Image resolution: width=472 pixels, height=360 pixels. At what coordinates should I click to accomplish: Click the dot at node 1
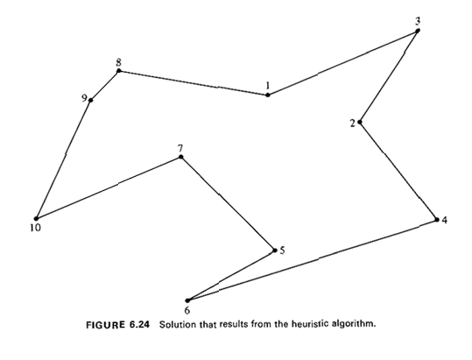tap(268, 95)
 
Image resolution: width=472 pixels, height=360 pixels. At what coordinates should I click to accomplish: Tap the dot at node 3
tap(418, 31)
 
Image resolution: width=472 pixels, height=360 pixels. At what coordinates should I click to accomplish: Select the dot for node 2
tap(360, 122)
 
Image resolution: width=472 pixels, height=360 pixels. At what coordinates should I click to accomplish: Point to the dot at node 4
tap(437, 220)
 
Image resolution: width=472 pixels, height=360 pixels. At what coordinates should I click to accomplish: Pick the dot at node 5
tap(275, 251)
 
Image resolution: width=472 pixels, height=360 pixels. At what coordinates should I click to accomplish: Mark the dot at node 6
tap(187, 300)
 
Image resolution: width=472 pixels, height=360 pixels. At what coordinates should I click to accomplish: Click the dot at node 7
tap(180, 157)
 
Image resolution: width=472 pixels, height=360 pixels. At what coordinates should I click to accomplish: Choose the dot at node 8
tap(118, 71)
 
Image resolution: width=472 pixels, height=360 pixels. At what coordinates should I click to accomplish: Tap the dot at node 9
tap(90, 100)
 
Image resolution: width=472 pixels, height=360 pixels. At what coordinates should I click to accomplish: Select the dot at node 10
tap(37, 218)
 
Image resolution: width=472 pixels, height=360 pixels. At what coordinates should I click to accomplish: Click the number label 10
tap(35, 228)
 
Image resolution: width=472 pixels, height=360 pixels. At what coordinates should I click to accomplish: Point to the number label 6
tap(187, 310)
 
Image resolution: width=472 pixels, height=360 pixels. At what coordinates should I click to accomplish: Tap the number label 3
tap(418, 21)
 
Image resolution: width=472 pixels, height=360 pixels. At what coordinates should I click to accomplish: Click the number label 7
tap(180, 148)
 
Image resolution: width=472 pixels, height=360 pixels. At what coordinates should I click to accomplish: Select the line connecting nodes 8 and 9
tap(105, 86)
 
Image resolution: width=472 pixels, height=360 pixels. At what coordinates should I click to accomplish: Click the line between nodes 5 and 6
tap(231, 275)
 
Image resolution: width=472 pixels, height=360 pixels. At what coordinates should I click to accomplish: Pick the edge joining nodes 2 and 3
tap(389, 76)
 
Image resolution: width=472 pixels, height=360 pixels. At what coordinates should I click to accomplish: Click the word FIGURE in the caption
tap(105, 325)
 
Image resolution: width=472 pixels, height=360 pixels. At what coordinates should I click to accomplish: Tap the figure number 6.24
tap(139, 325)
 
